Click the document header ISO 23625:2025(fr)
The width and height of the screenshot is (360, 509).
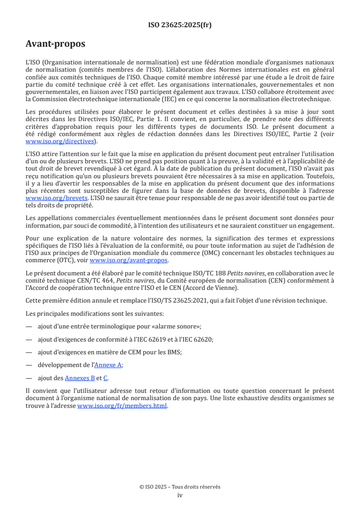click(180, 25)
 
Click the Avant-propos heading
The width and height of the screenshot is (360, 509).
click(55, 44)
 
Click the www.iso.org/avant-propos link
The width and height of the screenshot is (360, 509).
click(129, 260)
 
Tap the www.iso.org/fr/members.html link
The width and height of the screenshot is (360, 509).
click(123, 406)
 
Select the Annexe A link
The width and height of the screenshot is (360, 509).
click(108, 365)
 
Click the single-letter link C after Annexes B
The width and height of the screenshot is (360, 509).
click(105, 378)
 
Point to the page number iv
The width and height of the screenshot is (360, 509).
click(180, 495)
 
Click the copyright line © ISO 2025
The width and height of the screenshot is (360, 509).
click(180, 487)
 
